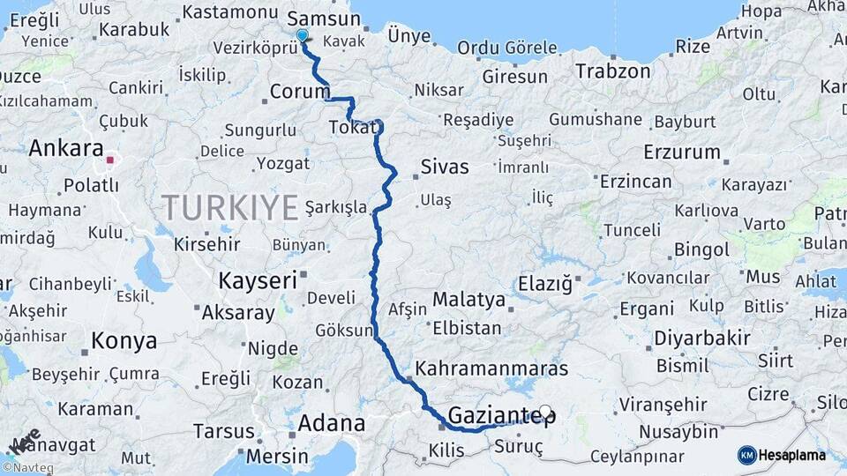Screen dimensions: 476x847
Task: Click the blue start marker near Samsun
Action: click(x=303, y=36)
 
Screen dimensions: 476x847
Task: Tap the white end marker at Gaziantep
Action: click(x=545, y=412)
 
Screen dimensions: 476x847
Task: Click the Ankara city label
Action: click(x=66, y=148)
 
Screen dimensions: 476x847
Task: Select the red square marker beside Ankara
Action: click(x=110, y=160)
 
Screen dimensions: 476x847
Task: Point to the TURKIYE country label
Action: click(x=229, y=209)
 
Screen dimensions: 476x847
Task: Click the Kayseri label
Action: click(x=257, y=281)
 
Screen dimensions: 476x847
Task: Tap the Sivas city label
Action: click(x=445, y=167)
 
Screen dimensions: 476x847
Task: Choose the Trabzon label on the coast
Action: click(x=613, y=71)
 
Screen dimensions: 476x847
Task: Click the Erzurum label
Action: click(x=682, y=152)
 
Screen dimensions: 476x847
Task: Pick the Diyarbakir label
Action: click(x=702, y=338)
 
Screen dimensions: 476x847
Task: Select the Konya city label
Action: click(x=124, y=341)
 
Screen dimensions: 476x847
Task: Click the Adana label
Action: click(x=331, y=423)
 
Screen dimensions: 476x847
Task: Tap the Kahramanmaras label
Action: click(x=491, y=368)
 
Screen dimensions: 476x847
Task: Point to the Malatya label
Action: click(x=468, y=300)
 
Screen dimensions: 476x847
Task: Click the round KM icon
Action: click(x=747, y=455)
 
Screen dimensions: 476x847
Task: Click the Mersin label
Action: click(x=278, y=456)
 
